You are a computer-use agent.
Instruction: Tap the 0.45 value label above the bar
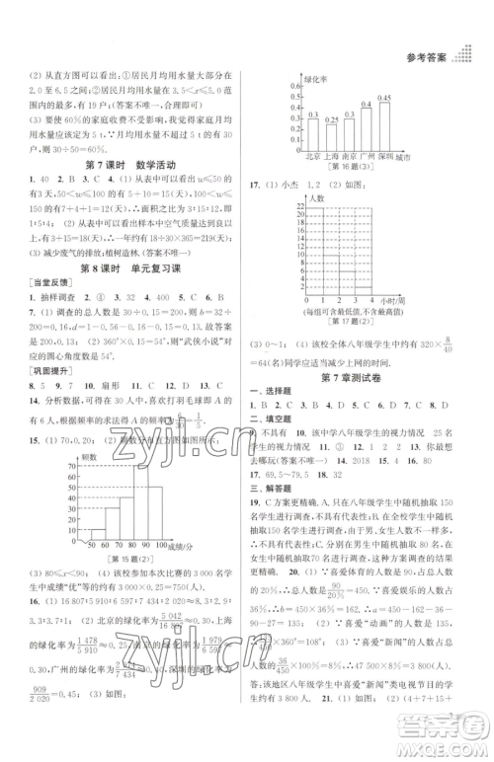point(383,97)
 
